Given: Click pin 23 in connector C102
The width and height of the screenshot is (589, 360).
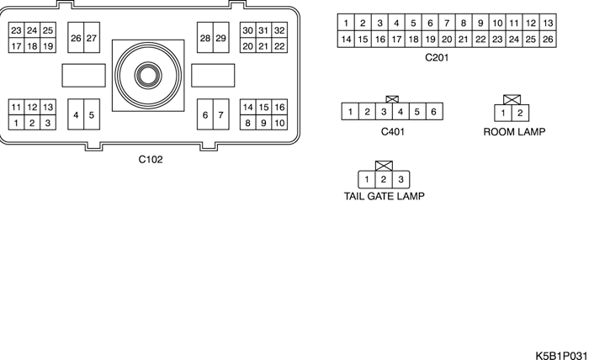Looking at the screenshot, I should (x=16, y=31).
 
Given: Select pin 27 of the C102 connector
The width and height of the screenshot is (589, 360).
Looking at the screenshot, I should (x=91, y=39).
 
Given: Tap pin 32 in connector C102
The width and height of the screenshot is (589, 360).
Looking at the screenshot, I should (x=279, y=31).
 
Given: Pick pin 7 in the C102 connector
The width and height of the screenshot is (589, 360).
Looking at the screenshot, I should (x=220, y=114).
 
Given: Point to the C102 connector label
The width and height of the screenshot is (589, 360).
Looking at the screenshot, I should (x=151, y=159).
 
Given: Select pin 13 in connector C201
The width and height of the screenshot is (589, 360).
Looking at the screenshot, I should (x=548, y=23).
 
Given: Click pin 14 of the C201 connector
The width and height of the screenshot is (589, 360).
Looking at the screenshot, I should (x=346, y=39).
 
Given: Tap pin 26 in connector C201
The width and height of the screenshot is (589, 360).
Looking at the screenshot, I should (x=548, y=39).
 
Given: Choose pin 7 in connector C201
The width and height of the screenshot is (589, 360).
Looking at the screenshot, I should (x=447, y=23).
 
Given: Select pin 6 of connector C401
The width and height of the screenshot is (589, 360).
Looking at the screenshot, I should (x=433, y=111).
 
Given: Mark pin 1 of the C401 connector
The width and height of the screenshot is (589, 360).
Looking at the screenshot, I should (x=349, y=111).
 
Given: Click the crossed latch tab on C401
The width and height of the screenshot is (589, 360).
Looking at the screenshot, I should (x=392, y=99).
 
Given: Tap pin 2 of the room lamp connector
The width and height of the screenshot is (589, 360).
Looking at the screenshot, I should (x=521, y=113).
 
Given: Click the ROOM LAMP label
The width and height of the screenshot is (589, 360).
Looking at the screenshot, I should (x=515, y=132).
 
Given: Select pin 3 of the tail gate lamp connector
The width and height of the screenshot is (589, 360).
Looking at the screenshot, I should (x=401, y=179).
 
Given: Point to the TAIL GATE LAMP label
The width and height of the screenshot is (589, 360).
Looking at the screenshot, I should (x=384, y=197).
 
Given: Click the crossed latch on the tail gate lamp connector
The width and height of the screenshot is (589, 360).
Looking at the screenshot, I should (x=385, y=167).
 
